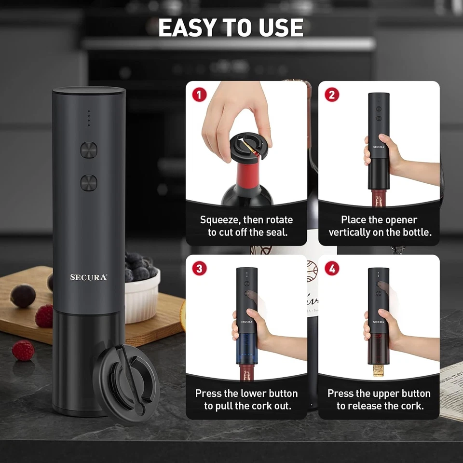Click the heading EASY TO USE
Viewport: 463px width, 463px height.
[x=231, y=28]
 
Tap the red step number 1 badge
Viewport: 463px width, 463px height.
[x=199, y=95]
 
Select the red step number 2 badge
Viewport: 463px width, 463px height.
[x=331, y=95]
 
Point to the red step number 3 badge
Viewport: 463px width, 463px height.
[x=199, y=269]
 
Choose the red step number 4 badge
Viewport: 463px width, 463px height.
[x=331, y=269]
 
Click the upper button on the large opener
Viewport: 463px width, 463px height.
[x=89, y=150]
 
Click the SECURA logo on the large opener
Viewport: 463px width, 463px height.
[x=89, y=277]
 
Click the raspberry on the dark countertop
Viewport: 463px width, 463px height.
[x=23, y=351]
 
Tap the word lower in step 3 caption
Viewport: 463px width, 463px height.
[x=254, y=393]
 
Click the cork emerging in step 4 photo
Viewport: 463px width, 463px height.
[x=379, y=369]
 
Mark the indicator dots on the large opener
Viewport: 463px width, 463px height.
[x=88, y=118]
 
